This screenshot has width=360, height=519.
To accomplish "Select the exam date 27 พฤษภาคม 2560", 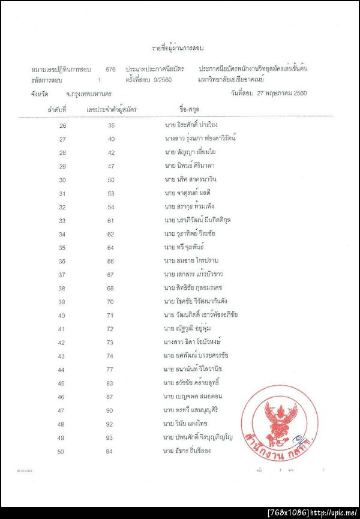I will [x=283, y=94].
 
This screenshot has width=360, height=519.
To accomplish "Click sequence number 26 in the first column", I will [x=62, y=125].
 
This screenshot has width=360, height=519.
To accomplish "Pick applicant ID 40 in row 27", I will [x=111, y=139].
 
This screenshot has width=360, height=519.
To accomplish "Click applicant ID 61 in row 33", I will [x=111, y=220].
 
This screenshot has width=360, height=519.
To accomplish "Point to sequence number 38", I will [x=62, y=288].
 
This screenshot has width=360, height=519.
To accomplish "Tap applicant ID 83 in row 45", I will [x=111, y=383].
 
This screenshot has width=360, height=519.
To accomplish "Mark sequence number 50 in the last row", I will [x=62, y=451].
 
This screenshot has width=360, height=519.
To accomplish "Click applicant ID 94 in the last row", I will [x=111, y=451].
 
